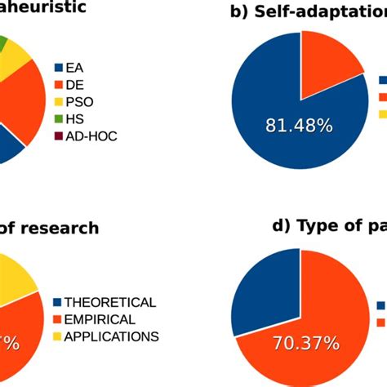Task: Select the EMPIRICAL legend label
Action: (x=100, y=318)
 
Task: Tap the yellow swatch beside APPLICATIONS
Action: (x=57, y=336)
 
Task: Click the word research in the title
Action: (x=56, y=228)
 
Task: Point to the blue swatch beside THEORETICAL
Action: (x=57, y=301)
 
